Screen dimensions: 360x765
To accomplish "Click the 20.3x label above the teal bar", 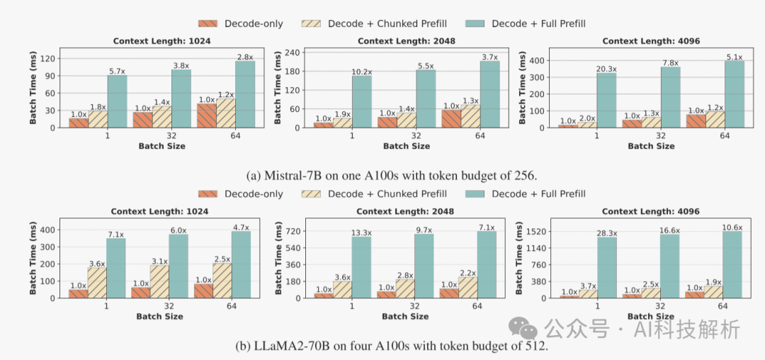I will click(x=606, y=69).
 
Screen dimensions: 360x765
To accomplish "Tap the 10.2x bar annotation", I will click(x=361, y=72).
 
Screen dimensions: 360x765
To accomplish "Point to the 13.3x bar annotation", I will click(x=361, y=233).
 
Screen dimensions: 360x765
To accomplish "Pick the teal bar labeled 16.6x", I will click(x=669, y=266).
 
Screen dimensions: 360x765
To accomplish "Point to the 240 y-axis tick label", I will click(x=293, y=52).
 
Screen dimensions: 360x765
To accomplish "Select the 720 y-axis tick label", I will click(x=293, y=231).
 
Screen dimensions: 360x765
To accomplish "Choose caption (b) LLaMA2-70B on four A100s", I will click(x=382, y=347).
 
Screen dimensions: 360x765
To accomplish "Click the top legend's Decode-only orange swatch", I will click(x=207, y=23).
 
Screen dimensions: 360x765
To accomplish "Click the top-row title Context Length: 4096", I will click(x=650, y=41).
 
